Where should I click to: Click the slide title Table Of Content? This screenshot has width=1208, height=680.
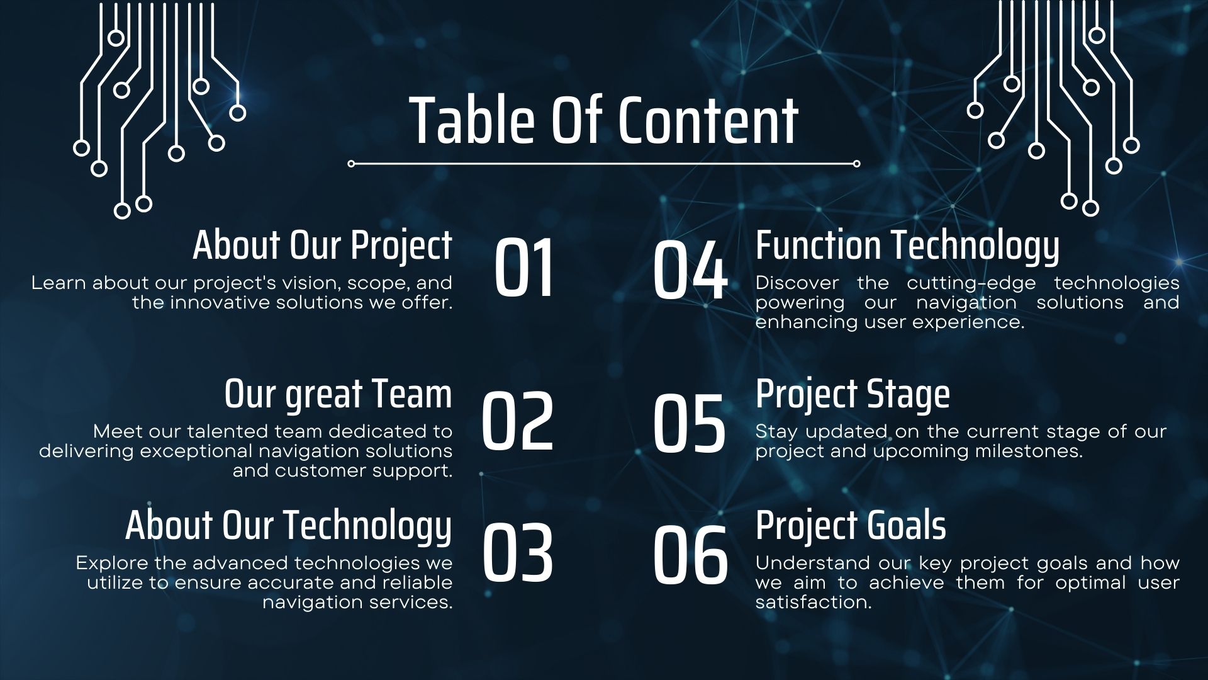(604, 120)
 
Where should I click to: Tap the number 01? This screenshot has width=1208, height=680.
(524, 268)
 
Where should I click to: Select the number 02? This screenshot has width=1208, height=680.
(517, 421)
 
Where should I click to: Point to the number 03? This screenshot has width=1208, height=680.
(517, 552)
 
